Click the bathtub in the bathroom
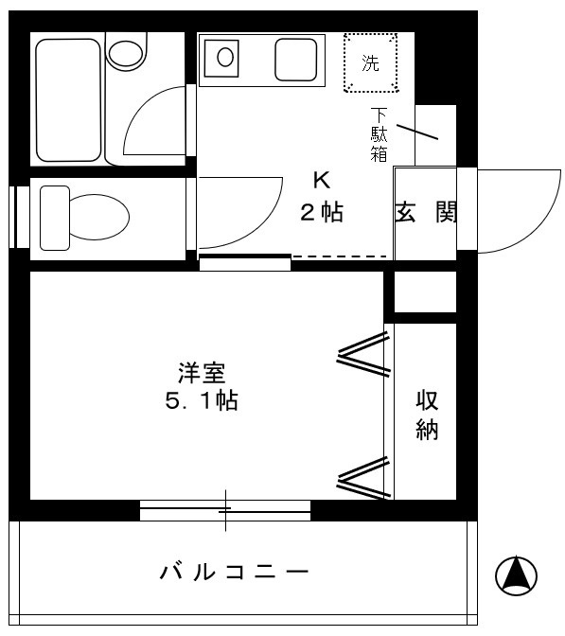pyautogui.click(x=68, y=101)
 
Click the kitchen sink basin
pyautogui.click(x=225, y=58)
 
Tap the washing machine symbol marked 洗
pyautogui.click(x=371, y=63)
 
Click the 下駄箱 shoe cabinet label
pyautogui.click(x=379, y=134)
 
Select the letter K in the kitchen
pyautogui.click(x=322, y=181)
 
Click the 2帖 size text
pyautogui.click(x=321, y=213)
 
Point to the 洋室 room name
pyautogui.click(x=200, y=372)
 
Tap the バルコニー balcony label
pyautogui.click(x=234, y=573)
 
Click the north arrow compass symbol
pyautogui.click(x=516, y=574)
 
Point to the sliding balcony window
pyautogui.click(x=225, y=511)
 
